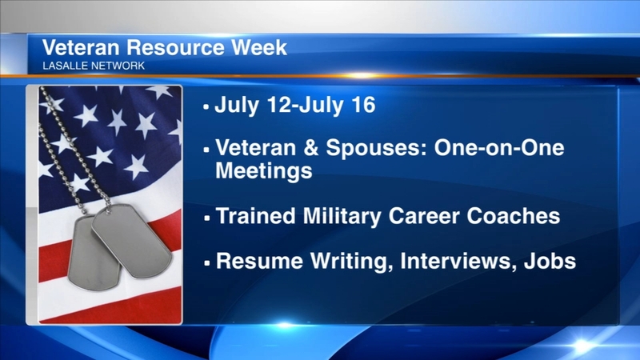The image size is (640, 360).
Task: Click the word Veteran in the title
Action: (x=81, y=47)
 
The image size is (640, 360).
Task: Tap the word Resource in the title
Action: (x=175, y=47)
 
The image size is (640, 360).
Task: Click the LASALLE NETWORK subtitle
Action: (x=94, y=66)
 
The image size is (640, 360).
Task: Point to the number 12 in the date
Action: (x=279, y=105)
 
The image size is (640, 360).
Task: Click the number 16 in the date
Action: (x=362, y=105)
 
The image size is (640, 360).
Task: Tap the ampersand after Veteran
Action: (x=311, y=147)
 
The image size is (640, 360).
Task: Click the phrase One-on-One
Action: (x=499, y=147)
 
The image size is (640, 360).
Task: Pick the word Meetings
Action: (x=264, y=171)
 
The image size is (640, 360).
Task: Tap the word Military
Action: (x=342, y=217)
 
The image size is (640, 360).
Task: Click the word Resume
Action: (x=259, y=261)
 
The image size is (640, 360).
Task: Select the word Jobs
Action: (x=550, y=261)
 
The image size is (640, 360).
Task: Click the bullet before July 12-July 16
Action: (x=206, y=107)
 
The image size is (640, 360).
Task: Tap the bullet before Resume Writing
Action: (x=207, y=263)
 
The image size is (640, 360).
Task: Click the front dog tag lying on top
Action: (x=131, y=241)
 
